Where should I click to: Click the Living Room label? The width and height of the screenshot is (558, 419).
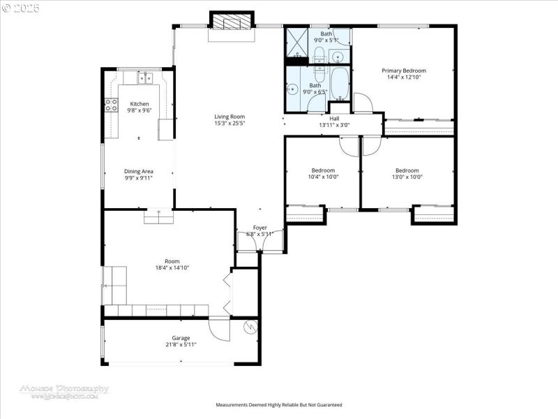tap(229, 117)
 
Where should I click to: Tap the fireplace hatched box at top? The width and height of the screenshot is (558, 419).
tap(231, 22)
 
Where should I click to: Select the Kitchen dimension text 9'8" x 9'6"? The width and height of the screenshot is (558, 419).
tap(139, 110)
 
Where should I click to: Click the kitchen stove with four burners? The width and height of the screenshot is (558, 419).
tap(110, 105)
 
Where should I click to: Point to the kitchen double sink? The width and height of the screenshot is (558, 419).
tap(146, 78)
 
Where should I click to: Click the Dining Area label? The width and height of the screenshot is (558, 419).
tap(138, 171)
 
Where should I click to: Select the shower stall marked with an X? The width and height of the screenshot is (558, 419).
tap(296, 41)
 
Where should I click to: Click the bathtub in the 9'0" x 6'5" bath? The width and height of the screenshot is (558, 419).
tap(340, 84)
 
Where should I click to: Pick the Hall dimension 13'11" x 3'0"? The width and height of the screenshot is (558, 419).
tap(334, 126)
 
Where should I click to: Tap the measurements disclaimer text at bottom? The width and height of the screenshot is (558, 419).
tap(279, 404)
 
